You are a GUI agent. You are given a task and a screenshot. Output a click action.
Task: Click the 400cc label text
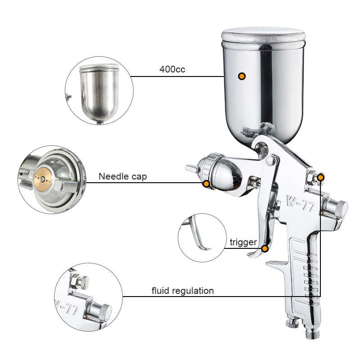172,69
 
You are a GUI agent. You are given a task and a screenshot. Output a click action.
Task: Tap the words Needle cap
122,176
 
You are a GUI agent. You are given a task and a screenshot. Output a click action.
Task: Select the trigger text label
243,242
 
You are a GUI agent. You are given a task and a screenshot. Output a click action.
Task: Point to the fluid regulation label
183,291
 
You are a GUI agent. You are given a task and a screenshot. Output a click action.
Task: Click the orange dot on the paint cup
242,76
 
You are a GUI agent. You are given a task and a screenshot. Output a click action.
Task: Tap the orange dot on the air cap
207,184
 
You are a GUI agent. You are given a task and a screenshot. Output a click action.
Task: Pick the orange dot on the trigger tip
265,248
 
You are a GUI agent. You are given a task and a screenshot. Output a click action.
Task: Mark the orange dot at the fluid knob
321,177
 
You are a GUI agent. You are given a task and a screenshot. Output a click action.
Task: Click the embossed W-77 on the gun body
300,203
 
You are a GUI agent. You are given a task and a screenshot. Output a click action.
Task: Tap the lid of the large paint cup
263,36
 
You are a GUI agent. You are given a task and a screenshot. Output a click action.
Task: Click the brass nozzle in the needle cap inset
42,179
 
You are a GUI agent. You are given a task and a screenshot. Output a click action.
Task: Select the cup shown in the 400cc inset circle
99,93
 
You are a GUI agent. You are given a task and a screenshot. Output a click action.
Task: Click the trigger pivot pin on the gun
271,161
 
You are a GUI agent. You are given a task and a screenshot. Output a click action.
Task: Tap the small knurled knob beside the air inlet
292,323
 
